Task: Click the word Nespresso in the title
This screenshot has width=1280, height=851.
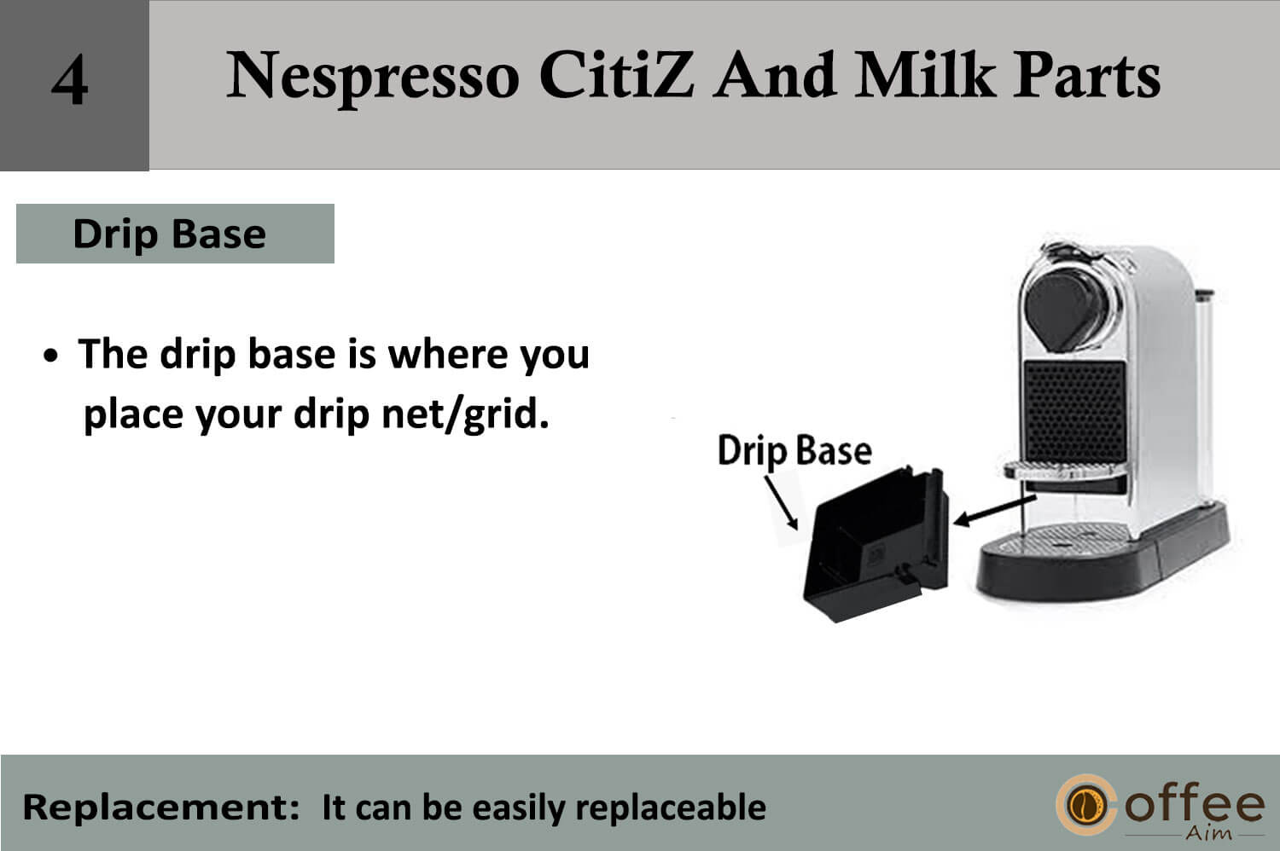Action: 373,77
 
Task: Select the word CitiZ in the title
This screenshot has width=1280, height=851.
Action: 617,75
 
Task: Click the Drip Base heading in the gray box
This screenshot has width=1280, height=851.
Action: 170,234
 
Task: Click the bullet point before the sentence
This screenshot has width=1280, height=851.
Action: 51,356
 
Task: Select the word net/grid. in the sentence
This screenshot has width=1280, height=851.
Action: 465,414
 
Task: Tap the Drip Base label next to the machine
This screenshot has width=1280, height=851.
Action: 794,451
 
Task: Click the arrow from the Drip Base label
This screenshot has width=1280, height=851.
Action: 781,502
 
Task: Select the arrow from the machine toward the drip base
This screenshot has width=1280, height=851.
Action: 994,510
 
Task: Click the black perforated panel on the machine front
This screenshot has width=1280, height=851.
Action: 1075,411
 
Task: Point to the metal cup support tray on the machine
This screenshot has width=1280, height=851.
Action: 1066,470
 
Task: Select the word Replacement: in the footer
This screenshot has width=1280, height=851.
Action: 160,808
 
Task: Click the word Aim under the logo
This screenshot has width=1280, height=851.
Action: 1208,833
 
